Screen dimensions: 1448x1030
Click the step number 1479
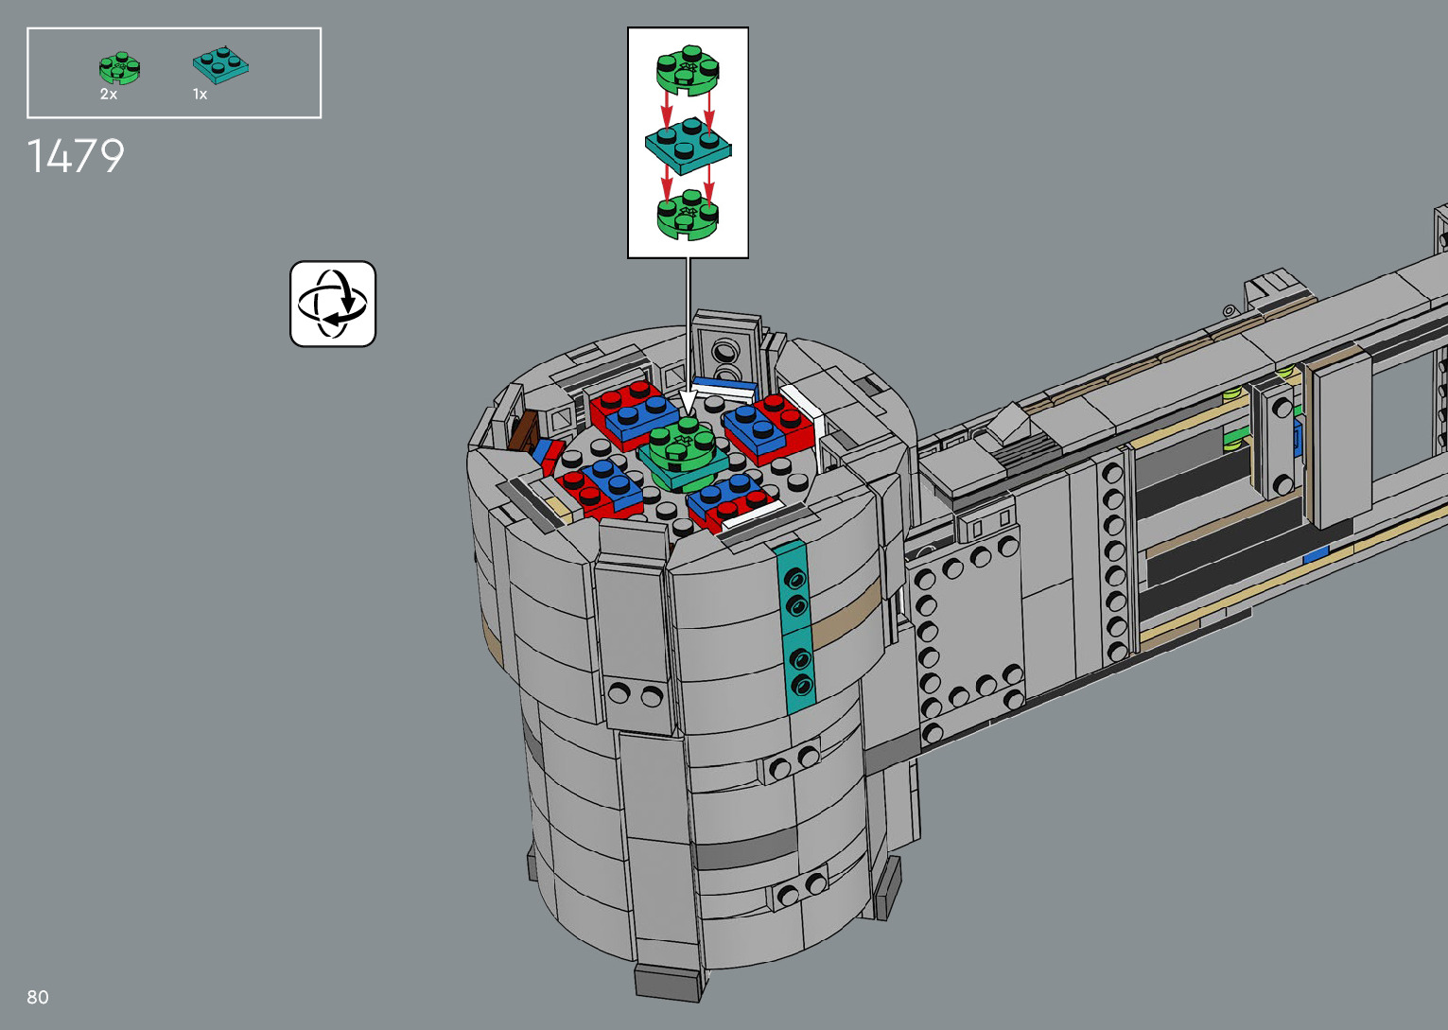point(76,156)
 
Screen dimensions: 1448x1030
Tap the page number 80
point(38,997)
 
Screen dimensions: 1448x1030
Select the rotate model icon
point(332,304)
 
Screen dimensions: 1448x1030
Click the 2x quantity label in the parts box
point(109,95)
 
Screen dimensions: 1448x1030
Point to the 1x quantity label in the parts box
point(200,95)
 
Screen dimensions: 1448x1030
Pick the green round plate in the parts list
point(119,68)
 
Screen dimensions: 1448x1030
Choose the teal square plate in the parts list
point(220,64)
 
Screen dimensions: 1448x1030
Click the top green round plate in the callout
point(688,67)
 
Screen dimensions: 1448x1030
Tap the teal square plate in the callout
point(689,146)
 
